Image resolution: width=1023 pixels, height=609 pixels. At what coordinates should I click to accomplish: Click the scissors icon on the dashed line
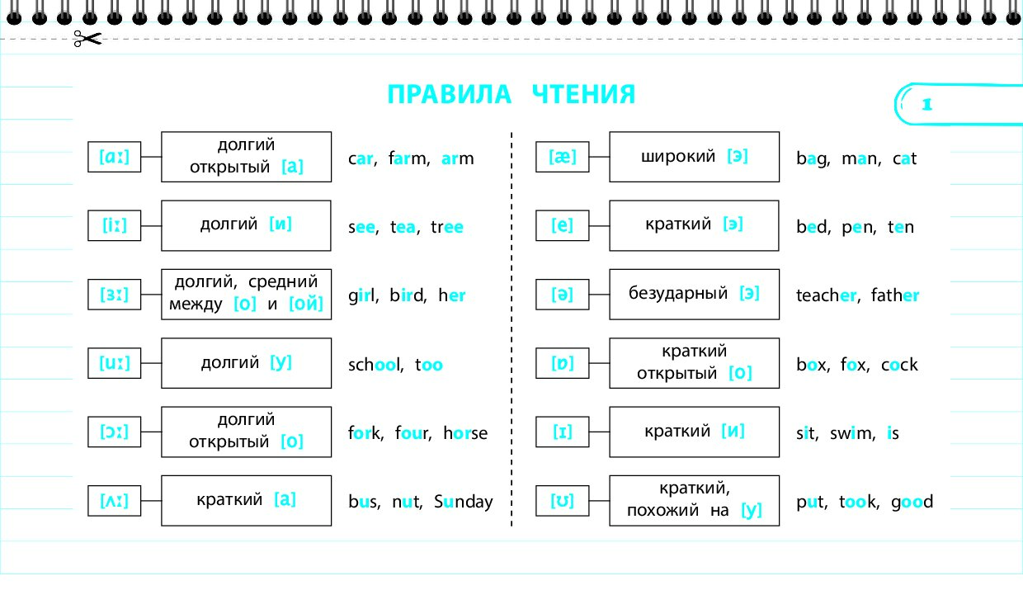pyautogui.click(x=87, y=39)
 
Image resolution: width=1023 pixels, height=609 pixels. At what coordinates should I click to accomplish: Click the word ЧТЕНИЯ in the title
pyautogui.click(x=583, y=95)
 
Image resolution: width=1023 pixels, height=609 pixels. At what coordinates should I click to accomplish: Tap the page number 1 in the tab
pyautogui.click(x=926, y=105)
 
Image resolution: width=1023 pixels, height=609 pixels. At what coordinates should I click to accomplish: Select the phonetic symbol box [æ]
pyautogui.click(x=562, y=157)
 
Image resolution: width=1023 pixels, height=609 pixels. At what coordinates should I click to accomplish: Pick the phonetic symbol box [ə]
pyautogui.click(x=562, y=295)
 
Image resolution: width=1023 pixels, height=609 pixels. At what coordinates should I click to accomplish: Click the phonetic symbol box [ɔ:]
pyautogui.click(x=114, y=432)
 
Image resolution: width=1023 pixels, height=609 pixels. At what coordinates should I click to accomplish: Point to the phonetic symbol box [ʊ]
pyautogui.click(x=562, y=501)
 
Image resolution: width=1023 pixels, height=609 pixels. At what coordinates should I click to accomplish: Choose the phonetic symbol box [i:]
pyautogui.click(x=114, y=225)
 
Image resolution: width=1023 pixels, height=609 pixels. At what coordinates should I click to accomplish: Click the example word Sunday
pyautogui.click(x=463, y=502)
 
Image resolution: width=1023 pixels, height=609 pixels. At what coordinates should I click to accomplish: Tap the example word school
pyautogui.click(x=375, y=365)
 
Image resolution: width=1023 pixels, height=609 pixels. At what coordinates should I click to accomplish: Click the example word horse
pyautogui.click(x=465, y=432)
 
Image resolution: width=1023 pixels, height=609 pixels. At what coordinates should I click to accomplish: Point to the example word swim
pyautogui.click(x=852, y=433)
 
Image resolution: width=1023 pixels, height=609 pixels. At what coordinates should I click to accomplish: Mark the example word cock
pyautogui.click(x=899, y=365)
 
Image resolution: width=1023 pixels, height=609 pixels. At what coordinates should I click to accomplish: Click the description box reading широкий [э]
pyautogui.click(x=694, y=157)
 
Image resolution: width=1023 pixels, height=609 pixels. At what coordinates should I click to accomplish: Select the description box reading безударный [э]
pyautogui.click(x=694, y=295)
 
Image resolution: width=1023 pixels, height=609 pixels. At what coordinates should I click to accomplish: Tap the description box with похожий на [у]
pyautogui.click(x=694, y=501)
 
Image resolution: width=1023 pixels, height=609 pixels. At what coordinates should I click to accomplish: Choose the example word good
pyautogui.click(x=912, y=502)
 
